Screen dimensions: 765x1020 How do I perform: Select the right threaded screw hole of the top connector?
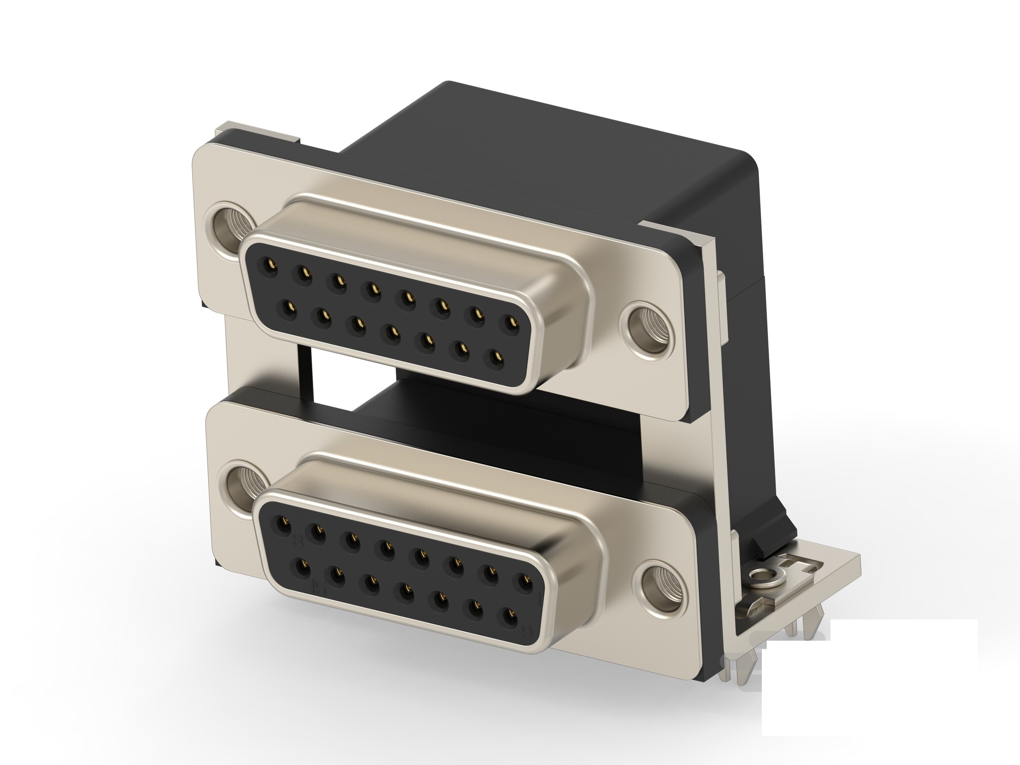[x=648, y=325]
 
